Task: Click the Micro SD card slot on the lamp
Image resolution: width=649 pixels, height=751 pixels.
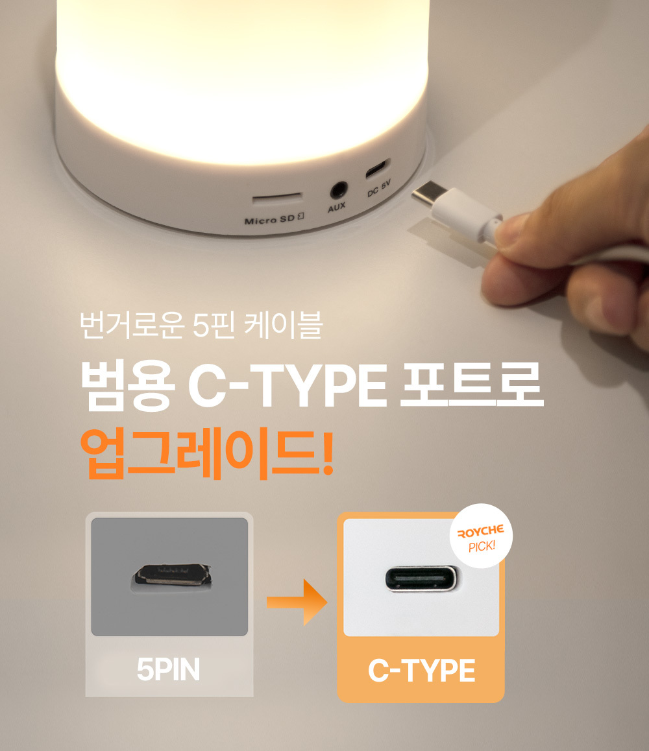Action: (x=278, y=197)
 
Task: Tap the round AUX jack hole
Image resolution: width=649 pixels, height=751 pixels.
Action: (x=338, y=191)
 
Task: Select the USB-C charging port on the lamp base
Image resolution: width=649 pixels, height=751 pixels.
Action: (x=378, y=169)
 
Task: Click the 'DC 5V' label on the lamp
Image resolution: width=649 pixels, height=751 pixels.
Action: (x=379, y=188)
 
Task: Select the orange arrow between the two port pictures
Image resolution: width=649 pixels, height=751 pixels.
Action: (x=297, y=602)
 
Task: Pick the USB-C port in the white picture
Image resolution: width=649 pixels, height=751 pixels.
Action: (x=421, y=578)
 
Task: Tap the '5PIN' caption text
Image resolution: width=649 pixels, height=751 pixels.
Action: (x=168, y=669)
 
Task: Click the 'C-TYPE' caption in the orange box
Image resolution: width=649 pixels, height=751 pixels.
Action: (x=421, y=670)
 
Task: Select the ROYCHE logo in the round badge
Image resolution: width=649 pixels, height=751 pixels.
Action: (x=481, y=531)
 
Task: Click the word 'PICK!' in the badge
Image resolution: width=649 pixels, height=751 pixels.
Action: (x=482, y=546)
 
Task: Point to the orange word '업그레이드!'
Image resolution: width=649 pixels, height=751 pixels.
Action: (x=207, y=453)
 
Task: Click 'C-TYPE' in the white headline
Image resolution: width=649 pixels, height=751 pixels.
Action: (x=287, y=385)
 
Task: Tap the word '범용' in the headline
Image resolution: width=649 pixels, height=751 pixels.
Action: (x=127, y=385)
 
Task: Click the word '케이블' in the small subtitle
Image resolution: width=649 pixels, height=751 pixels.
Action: (x=283, y=325)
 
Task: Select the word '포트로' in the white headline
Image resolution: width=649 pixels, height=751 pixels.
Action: (x=472, y=385)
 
